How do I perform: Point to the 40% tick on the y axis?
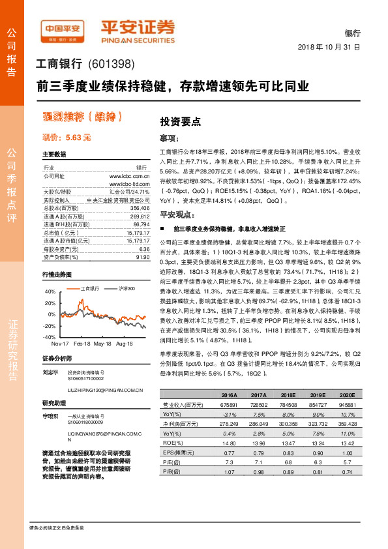pyautogui.click(x=50, y=292)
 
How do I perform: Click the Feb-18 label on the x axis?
pyautogui.click(x=82, y=343)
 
